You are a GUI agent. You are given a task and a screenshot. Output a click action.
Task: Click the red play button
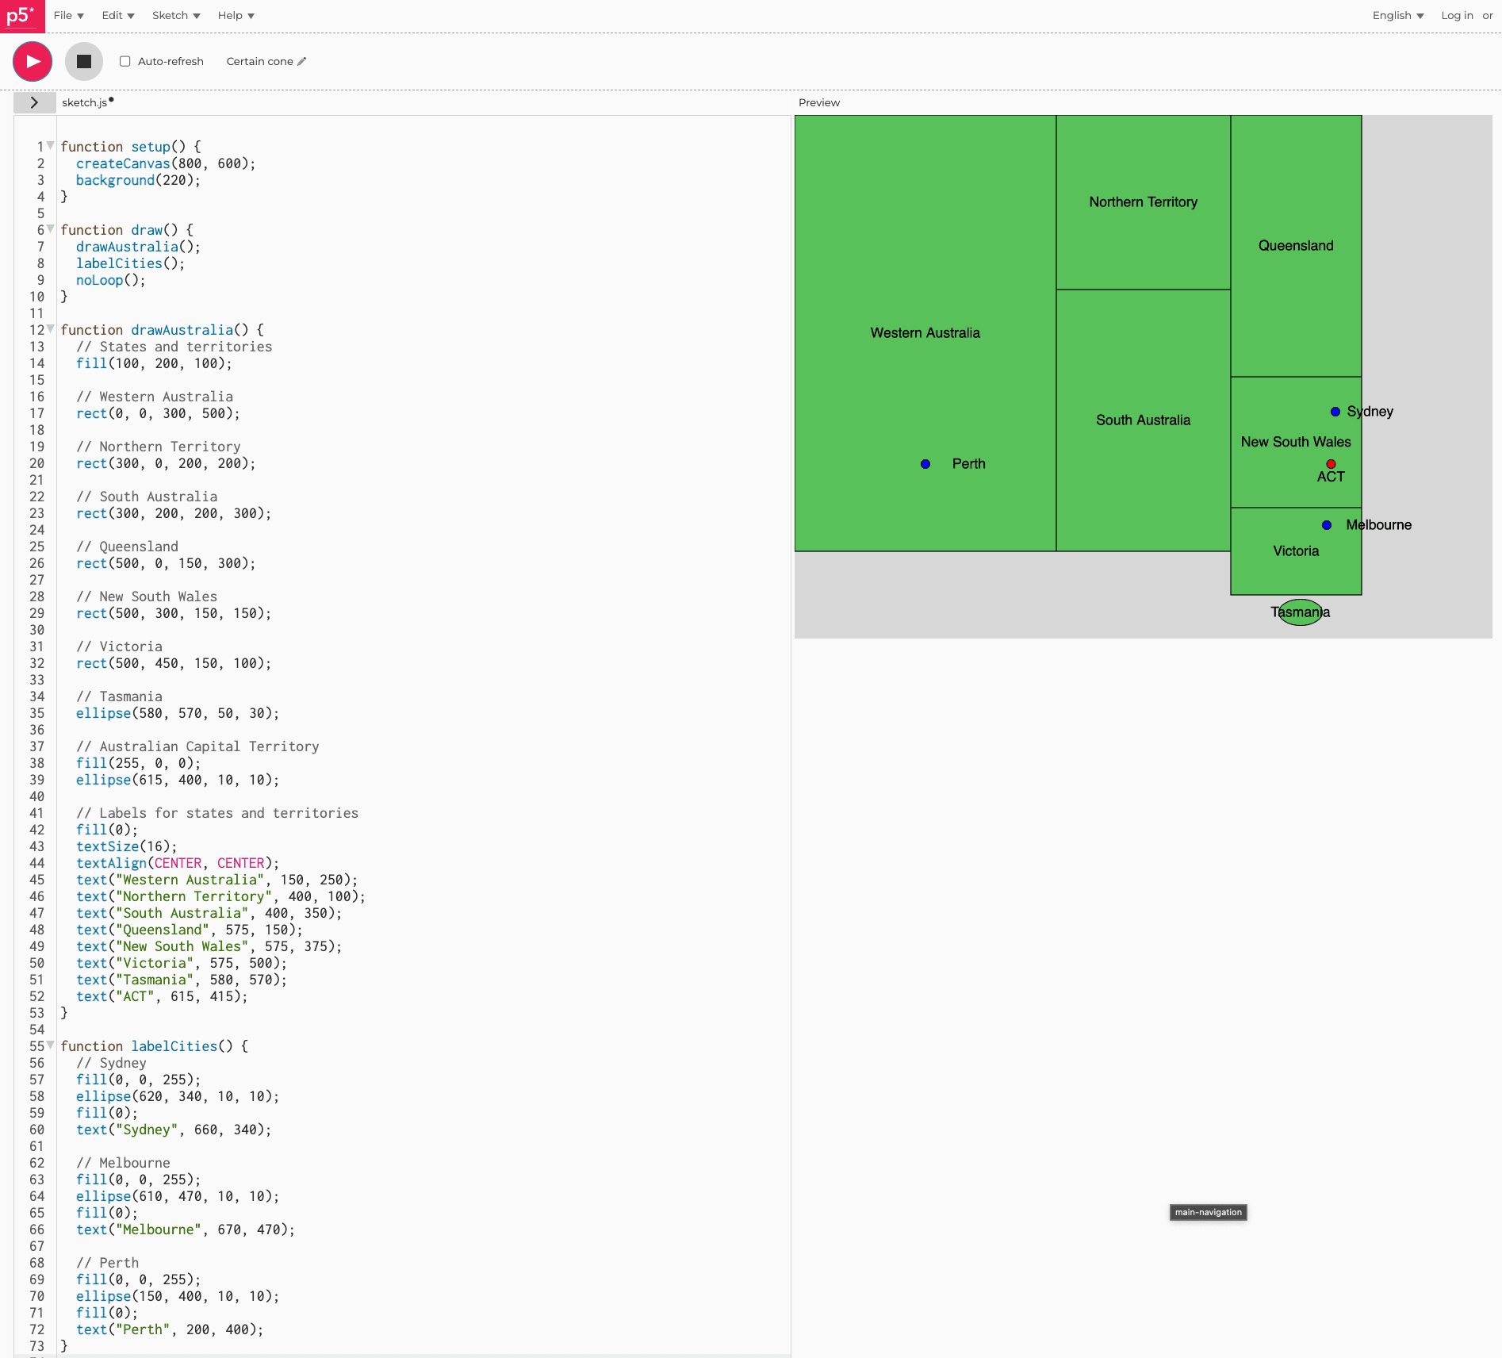click(33, 61)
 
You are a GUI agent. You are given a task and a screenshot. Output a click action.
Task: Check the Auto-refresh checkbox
click(125, 61)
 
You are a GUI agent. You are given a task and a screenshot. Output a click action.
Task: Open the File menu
click(68, 15)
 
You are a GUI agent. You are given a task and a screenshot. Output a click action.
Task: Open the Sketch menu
click(175, 15)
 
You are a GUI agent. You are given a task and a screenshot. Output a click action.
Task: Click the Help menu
click(236, 15)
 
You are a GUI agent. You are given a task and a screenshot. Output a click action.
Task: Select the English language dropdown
click(1397, 15)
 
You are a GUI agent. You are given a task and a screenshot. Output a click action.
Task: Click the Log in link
click(1457, 15)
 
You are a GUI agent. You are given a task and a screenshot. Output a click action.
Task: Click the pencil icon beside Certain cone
click(302, 61)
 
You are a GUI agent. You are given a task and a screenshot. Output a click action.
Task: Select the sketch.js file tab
click(85, 102)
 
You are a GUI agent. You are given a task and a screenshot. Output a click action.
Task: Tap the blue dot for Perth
click(925, 464)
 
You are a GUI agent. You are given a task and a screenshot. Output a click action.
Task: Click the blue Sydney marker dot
click(1335, 412)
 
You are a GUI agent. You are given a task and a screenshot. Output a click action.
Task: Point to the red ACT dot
click(1331, 464)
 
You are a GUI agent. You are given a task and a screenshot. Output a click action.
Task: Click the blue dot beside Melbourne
click(1327, 525)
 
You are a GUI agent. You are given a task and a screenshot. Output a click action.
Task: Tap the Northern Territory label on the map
click(1143, 202)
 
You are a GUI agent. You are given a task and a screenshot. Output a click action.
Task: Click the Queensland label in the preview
click(1296, 246)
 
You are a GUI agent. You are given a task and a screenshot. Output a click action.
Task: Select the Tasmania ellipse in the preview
click(1301, 612)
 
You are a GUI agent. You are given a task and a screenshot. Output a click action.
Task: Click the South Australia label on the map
click(1143, 420)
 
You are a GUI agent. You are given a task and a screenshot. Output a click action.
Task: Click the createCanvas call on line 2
click(123, 163)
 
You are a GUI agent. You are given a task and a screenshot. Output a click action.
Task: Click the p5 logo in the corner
click(21, 15)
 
